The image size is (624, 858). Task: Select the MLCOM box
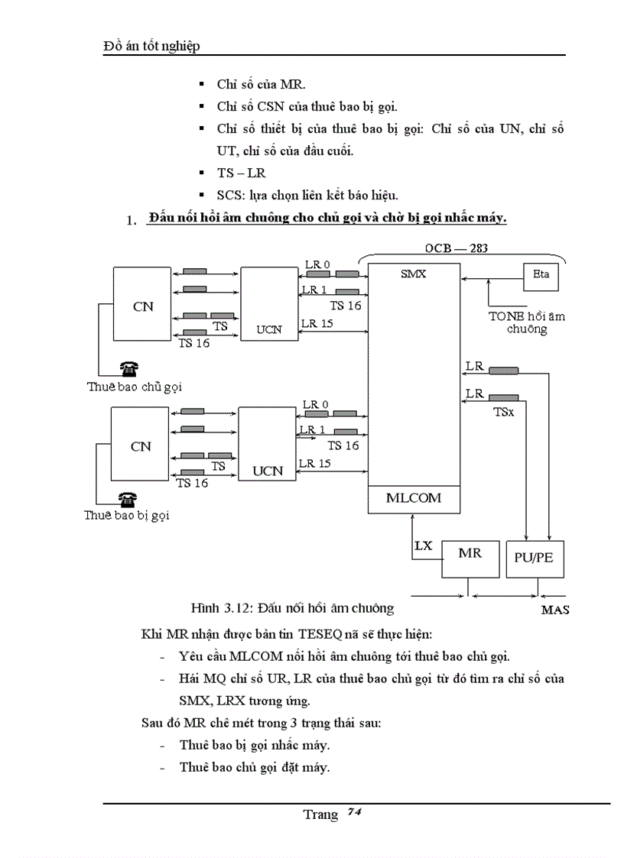click(414, 498)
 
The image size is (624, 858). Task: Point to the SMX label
click(413, 273)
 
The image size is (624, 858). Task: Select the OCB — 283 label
click(456, 248)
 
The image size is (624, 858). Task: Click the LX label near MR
click(424, 546)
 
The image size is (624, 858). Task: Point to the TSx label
click(502, 411)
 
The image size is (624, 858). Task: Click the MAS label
click(554, 610)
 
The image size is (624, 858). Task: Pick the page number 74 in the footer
click(353, 811)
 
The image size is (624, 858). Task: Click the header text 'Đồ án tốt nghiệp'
click(151, 47)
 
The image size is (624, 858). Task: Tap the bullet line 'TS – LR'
click(241, 173)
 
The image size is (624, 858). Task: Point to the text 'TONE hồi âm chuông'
click(527, 322)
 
